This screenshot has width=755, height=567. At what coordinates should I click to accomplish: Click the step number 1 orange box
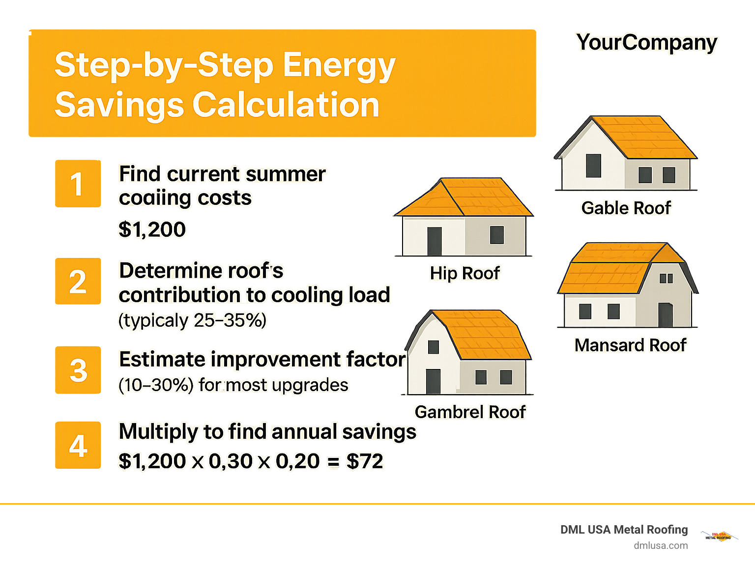pos(78,184)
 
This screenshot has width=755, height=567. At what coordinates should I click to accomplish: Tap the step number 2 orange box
pos(78,282)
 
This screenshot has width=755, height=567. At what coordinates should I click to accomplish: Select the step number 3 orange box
pos(78,370)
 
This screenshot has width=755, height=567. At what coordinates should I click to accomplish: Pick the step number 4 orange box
pos(78,445)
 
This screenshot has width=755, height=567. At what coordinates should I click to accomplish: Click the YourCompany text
pos(646,43)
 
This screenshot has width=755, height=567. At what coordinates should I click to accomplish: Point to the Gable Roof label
pos(626,208)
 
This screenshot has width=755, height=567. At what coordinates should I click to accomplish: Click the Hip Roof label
pos(465,273)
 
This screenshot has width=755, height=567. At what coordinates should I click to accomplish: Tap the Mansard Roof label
pos(630,345)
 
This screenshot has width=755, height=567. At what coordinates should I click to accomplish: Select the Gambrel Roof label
pos(470,412)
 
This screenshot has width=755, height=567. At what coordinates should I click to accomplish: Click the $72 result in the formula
pos(364,461)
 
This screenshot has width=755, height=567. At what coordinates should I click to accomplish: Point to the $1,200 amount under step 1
pos(152,229)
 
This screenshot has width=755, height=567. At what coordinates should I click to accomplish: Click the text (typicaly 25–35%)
pos(192,320)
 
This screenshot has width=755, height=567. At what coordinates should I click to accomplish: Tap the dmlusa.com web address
pos(661,545)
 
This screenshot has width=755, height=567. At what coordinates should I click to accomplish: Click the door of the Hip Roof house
pos(435,241)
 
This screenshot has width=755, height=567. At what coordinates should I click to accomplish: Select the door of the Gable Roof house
pos(593,166)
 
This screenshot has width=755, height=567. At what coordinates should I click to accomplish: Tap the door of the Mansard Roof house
pos(666,315)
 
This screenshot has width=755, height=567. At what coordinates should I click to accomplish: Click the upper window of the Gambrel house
pos(433,347)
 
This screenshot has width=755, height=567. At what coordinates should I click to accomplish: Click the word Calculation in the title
pos(286,105)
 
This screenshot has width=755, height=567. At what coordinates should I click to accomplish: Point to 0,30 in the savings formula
pos(230,461)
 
